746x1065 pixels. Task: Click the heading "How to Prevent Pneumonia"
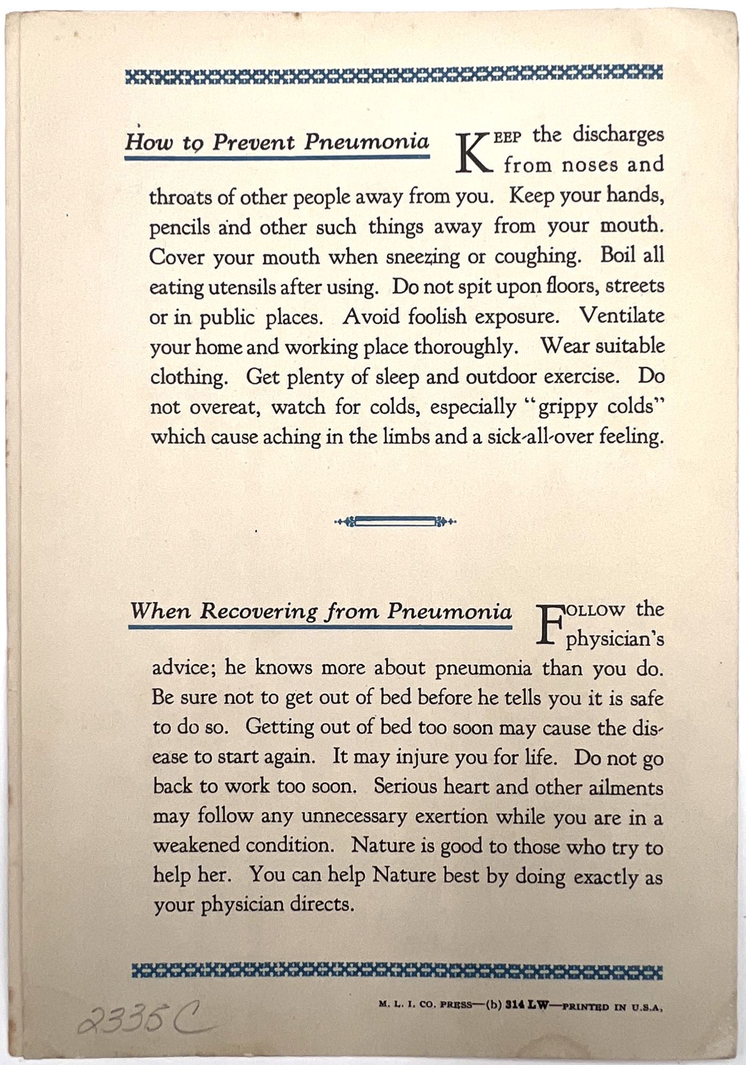coord(277,143)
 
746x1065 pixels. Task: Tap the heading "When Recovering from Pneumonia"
coord(321,611)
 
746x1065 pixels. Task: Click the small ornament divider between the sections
coord(395,522)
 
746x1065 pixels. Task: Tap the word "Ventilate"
coord(622,316)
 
